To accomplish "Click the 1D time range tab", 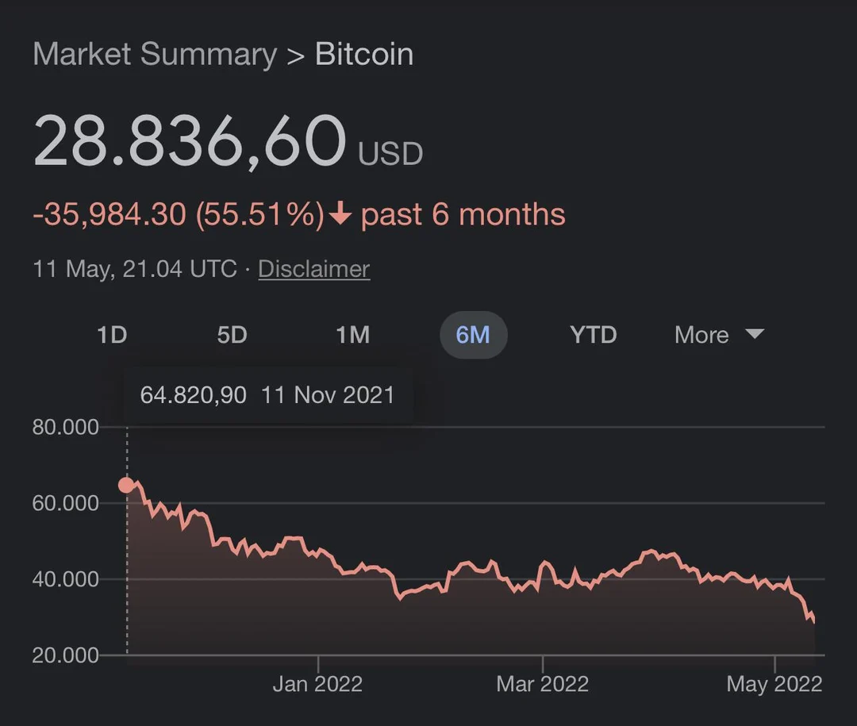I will tap(112, 335).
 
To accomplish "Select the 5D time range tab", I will tap(232, 335).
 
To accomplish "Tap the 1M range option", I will tap(352, 335).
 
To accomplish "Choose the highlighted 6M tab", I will tap(473, 335).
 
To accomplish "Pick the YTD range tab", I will tap(593, 335).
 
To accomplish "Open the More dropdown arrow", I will tap(755, 334).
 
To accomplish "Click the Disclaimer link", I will tap(313, 269).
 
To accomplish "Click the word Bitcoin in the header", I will tap(363, 55).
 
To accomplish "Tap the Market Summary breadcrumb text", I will tap(155, 55).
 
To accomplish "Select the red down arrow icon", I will tap(340, 214).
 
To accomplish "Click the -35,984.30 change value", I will tap(110, 214).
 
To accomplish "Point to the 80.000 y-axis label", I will tap(66, 427).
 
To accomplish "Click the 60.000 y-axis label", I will tap(66, 503).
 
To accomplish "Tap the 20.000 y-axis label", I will tap(66, 655).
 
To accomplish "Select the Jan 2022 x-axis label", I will tap(317, 684).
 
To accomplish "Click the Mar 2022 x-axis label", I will tap(542, 684).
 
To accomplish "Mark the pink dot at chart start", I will tap(126, 485).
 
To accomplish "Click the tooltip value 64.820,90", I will tap(193, 394).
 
